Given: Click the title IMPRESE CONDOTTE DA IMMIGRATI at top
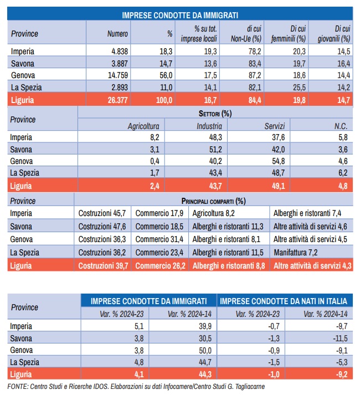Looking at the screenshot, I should point(180,16).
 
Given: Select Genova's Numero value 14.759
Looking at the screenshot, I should point(116,76).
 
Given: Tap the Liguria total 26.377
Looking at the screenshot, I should point(116,100).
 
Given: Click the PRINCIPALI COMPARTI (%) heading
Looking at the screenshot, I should point(213,201).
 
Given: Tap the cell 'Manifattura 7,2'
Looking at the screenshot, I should point(300,252).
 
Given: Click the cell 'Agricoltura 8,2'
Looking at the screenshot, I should point(215,213).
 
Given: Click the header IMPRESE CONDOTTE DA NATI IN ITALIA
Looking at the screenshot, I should point(284,301).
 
